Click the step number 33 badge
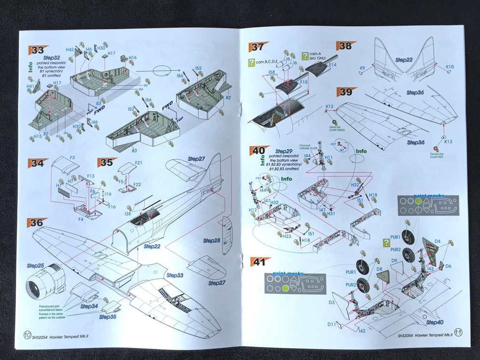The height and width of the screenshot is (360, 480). click(x=37, y=50)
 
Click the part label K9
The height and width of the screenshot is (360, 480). click(x=362, y=68)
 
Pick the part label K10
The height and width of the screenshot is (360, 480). click(x=450, y=67)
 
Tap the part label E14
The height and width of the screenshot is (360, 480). click(x=332, y=64)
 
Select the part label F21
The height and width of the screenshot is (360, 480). click(x=138, y=163)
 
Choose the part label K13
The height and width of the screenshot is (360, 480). click(x=448, y=142)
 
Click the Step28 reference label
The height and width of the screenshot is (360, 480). click(x=211, y=240)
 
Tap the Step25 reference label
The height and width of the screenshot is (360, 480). click(x=36, y=266)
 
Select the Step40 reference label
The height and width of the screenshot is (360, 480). click(x=435, y=322)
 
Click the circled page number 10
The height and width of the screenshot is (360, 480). click(x=27, y=334)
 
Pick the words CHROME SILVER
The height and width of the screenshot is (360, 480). click(x=307, y=148)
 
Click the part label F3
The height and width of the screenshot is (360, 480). click(x=72, y=157)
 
